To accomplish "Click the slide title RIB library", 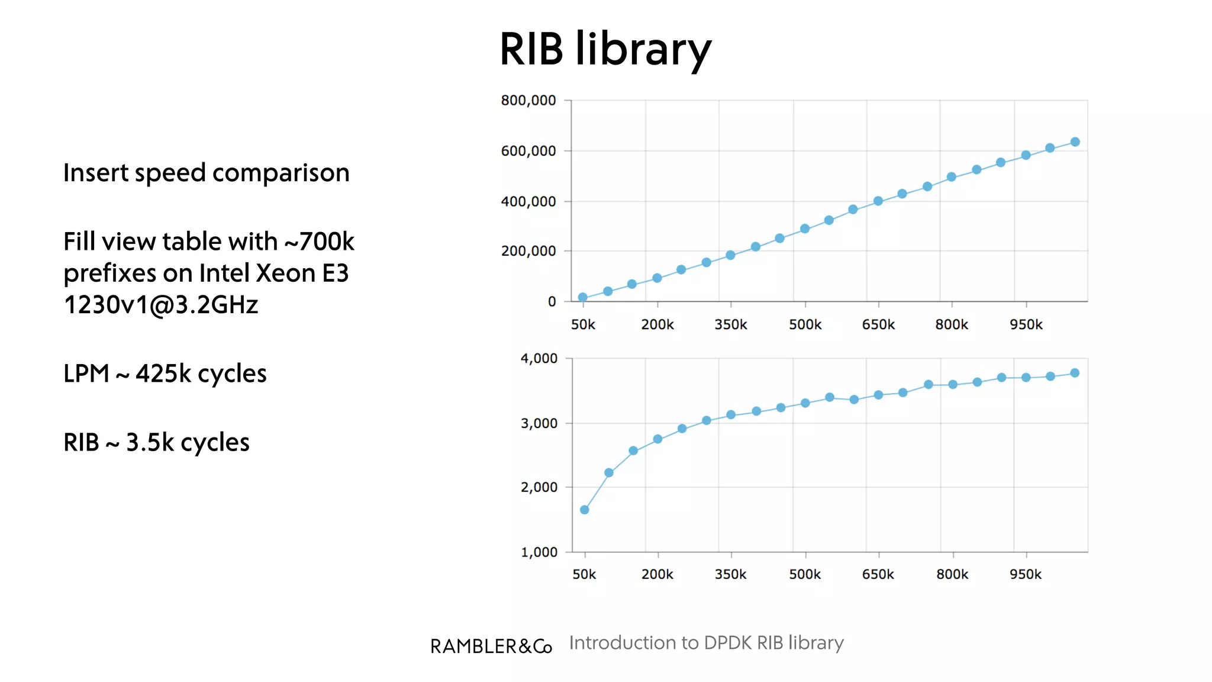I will point(605,50).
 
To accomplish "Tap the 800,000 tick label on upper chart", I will point(528,101).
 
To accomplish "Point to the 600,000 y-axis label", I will point(528,151).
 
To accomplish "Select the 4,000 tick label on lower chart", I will point(539,358).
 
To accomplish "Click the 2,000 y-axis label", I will point(539,487).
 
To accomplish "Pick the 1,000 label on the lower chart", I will point(539,552).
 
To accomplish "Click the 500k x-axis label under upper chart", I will point(805,324).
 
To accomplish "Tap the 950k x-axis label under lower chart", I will point(1026,574).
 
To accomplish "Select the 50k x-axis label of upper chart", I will point(583,324).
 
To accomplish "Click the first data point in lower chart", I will point(585,510).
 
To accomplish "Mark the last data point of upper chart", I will point(1075,142).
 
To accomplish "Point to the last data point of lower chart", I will point(1075,373).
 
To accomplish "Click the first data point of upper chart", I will point(583,297).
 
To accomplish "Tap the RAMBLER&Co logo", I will point(491,646).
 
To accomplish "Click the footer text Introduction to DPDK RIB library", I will point(706,643).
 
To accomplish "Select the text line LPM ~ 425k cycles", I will point(165,374).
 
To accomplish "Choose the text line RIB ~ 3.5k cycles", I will point(156,442).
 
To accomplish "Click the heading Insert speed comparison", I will point(206,173).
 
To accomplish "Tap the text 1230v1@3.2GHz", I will point(160,305).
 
